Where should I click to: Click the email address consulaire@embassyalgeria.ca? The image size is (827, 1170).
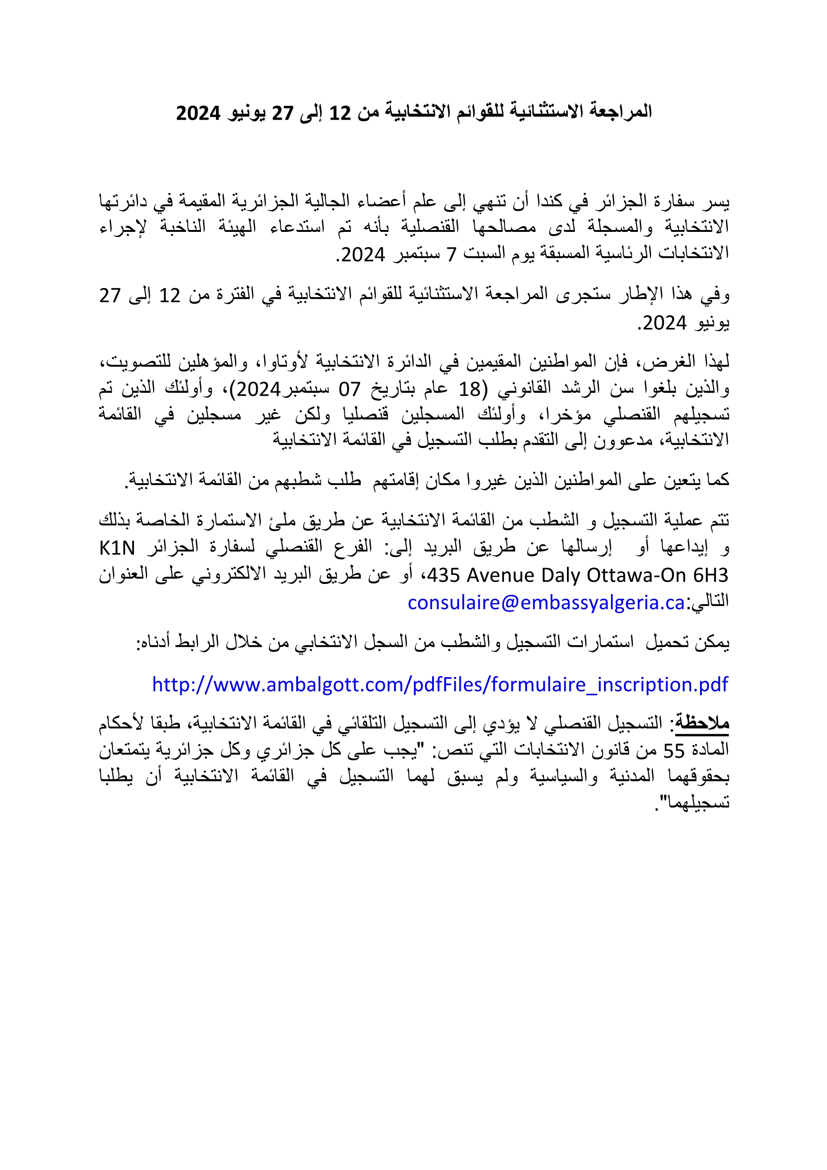(x=546, y=603)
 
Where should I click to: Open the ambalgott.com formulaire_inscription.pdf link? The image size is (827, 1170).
(x=440, y=684)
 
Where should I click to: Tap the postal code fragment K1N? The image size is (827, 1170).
(x=117, y=548)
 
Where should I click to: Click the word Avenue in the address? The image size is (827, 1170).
(x=502, y=575)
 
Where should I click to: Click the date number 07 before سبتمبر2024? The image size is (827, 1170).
(x=350, y=390)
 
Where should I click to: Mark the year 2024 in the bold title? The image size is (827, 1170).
(x=197, y=113)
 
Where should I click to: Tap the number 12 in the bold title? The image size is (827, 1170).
(x=340, y=113)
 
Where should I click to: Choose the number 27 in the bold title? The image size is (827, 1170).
(x=282, y=113)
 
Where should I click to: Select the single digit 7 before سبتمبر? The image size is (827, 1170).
(x=452, y=254)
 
